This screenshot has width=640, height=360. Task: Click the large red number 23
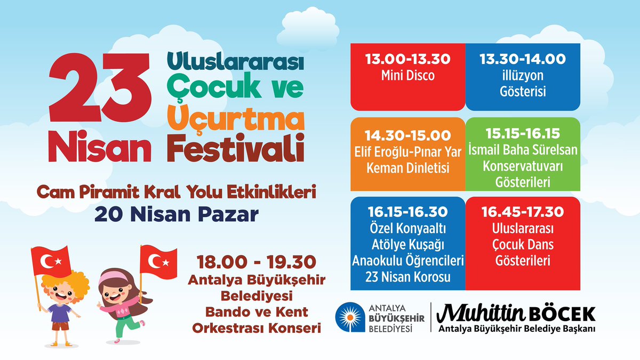point(100,87)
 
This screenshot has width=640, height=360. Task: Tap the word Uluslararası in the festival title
point(235,61)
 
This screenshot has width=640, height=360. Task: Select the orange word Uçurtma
point(236,117)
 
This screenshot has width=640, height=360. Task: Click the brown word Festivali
point(236,148)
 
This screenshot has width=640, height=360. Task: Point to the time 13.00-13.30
point(407,59)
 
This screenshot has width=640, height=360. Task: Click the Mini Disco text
point(407,75)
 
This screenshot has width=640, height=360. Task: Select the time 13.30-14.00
point(523,59)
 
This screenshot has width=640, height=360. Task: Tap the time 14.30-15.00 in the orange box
point(407,135)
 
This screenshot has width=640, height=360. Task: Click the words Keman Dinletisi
point(407,167)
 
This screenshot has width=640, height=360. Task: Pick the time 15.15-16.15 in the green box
point(523,133)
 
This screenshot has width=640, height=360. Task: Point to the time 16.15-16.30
point(407,212)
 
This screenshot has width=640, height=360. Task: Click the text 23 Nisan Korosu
point(407,277)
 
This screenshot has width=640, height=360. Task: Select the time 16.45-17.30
point(523,212)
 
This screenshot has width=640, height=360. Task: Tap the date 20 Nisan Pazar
point(177,214)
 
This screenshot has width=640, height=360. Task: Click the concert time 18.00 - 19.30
point(257,262)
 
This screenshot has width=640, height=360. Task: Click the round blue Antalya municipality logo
point(350,317)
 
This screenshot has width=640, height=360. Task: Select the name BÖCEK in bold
point(562,314)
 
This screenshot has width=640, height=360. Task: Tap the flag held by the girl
point(158,262)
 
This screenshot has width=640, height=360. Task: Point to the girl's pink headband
point(113,277)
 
